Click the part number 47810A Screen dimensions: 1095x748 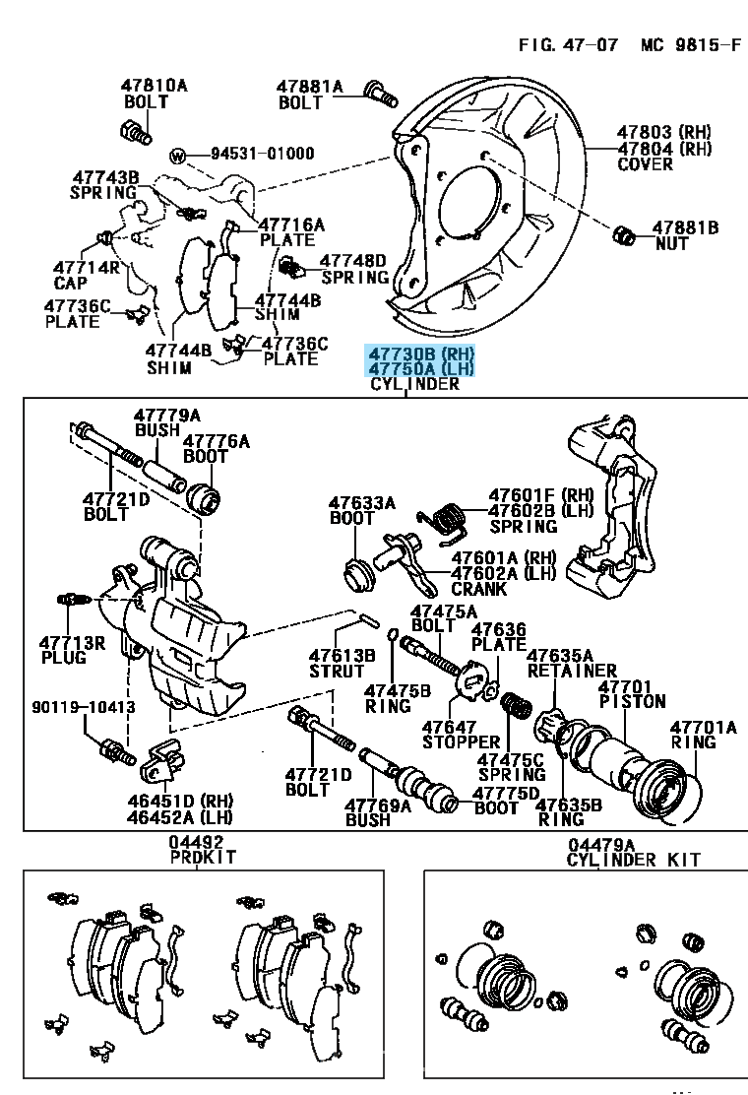pos(155,86)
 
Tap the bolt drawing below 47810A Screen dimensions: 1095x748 pos(135,129)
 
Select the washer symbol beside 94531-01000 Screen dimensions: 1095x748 pos(178,155)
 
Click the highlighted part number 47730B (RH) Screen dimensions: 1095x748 pos(420,353)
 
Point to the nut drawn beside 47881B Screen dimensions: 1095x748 pos(623,233)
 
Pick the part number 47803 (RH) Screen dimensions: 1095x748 pos(663,132)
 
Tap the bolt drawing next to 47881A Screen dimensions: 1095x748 pos(379,92)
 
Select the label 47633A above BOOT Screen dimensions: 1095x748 pos(361,501)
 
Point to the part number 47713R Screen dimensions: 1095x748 pos(72,642)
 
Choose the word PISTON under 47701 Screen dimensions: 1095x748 pos(632,702)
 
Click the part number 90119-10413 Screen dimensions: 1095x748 pos(83,707)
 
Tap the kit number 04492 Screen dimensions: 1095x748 pos(195,843)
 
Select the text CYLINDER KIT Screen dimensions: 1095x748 pos(634,860)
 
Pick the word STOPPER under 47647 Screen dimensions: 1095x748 pos(461,741)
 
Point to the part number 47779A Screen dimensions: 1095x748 pos(166,415)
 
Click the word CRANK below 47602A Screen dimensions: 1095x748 pos(478,589)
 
